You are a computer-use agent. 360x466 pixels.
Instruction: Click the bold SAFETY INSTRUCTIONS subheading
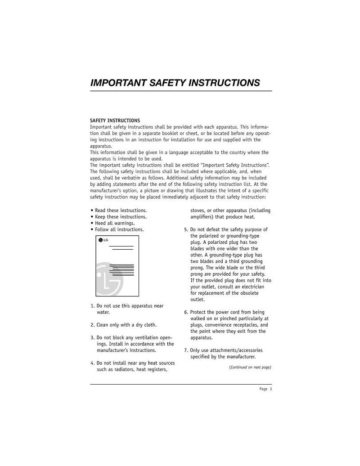coord(115,121)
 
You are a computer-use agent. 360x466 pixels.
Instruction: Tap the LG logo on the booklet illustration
coord(103,239)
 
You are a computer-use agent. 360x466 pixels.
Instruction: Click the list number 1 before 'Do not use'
coord(92,306)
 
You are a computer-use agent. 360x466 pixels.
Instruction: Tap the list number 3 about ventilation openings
coord(92,337)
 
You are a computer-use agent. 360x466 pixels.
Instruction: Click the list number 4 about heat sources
coord(92,363)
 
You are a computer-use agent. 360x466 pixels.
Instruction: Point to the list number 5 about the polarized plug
coord(185,229)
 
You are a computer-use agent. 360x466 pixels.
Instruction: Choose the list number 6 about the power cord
coord(185,312)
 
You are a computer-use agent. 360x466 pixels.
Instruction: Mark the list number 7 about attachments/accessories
coord(185,350)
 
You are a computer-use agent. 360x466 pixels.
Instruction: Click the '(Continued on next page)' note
coord(250,367)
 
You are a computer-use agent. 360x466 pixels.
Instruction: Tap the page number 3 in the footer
coord(271,389)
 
